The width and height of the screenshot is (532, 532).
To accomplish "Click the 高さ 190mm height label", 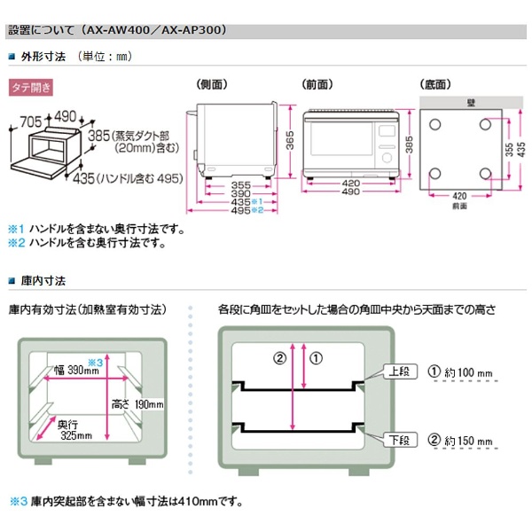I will pyautogui.click(x=141, y=404).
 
